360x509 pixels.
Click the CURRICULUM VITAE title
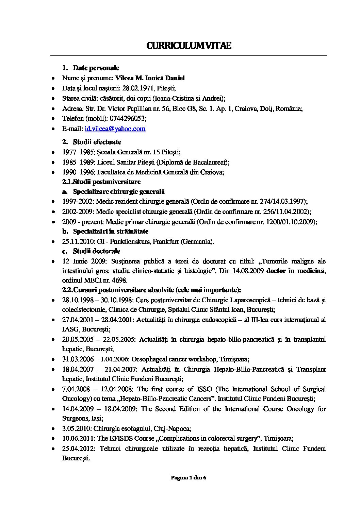(x=189, y=46)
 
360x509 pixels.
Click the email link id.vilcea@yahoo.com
(x=115, y=129)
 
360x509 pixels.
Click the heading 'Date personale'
(x=96, y=68)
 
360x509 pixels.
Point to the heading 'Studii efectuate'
(x=97, y=142)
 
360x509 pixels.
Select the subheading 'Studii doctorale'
(x=97, y=251)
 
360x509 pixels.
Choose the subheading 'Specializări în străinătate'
(x=111, y=232)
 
